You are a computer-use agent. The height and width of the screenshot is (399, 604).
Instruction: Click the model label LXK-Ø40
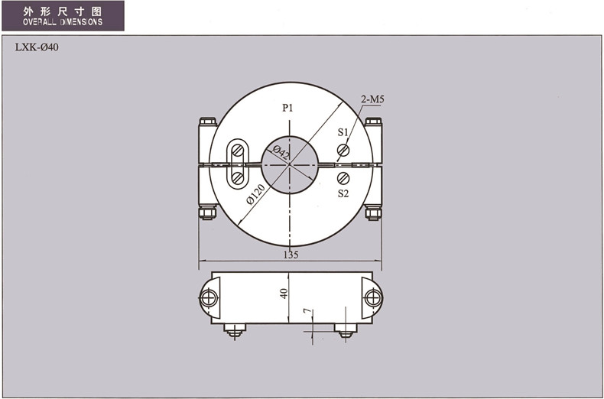37,47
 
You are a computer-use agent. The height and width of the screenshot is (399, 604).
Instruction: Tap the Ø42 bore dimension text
281,153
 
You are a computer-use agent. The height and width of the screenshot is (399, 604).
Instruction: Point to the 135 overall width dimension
291,255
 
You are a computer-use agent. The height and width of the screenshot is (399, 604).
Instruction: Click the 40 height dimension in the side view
284,294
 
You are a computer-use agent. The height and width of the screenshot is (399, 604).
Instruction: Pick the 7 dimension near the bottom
307,312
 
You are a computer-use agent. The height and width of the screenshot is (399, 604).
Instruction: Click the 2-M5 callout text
372,99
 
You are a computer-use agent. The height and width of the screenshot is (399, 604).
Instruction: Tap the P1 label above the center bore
287,108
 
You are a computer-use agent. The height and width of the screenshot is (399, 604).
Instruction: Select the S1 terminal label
343,132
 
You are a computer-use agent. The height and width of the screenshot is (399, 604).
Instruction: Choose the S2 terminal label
343,193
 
